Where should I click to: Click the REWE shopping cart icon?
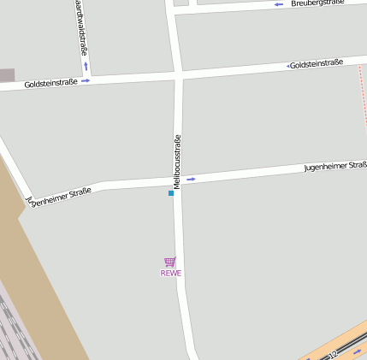(x=170, y=262)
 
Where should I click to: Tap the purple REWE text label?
(x=171, y=274)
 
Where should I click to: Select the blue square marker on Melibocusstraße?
(x=171, y=193)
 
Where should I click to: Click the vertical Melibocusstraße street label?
(x=177, y=161)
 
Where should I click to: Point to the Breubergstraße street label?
(x=317, y=3)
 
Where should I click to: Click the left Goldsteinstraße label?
(x=50, y=83)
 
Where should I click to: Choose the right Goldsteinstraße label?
(x=317, y=64)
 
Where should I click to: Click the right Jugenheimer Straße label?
(x=335, y=166)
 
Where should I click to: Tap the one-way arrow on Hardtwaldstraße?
(x=86, y=66)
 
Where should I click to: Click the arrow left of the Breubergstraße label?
(x=279, y=5)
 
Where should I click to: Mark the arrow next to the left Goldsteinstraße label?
(x=86, y=81)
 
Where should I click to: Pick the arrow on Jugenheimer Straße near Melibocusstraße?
(x=191, y=179)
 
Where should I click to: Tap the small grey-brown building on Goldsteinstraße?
(x=7, y=75)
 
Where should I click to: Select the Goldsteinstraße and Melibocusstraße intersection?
(x=178, y=76)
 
